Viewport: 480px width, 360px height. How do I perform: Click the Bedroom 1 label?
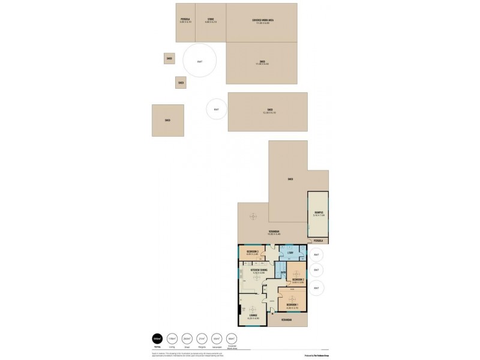[x=292, y=305]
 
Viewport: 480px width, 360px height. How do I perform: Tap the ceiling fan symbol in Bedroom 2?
[x=295, y=274]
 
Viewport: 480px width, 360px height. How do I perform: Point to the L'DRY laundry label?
[x=290, y=253]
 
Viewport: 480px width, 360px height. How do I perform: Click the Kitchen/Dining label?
[x=257, y=270]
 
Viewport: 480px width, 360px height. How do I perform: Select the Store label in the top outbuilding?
[x=211, y=20]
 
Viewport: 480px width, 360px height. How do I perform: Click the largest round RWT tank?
[x=200, y=61]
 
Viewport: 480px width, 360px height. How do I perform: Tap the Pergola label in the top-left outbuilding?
[x=185, y=20]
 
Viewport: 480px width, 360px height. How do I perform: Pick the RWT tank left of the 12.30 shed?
[x=217, y=110]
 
